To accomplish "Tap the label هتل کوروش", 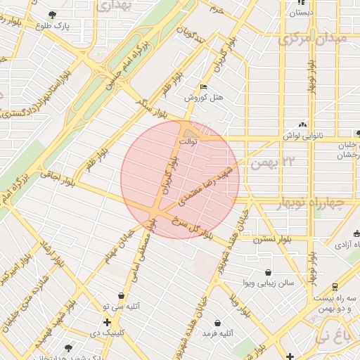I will click(x=199, y=98).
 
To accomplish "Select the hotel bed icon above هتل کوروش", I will click(x=204, y=86).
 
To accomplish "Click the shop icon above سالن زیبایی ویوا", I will click(x=268, y=272).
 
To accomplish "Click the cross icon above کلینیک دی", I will click(x=107, y=322).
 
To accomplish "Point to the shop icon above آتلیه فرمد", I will click(x=218, y=323).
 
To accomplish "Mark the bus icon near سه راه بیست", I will click(x=335, y=286).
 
